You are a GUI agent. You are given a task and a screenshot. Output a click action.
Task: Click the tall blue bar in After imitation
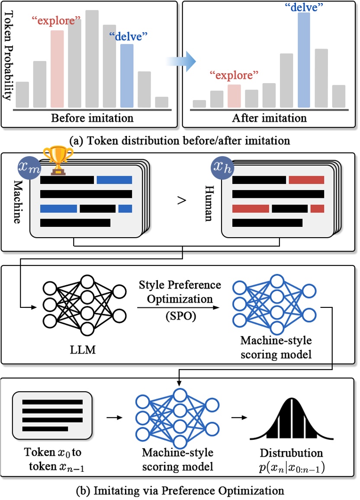click(x=303, y=60)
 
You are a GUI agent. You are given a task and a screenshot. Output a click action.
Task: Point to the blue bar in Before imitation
click(x=127, y=76)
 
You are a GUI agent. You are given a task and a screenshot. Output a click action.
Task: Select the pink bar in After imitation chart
click(x=234, y=96)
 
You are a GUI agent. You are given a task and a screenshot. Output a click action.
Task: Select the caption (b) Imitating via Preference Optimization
click(x=180, y=490)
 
